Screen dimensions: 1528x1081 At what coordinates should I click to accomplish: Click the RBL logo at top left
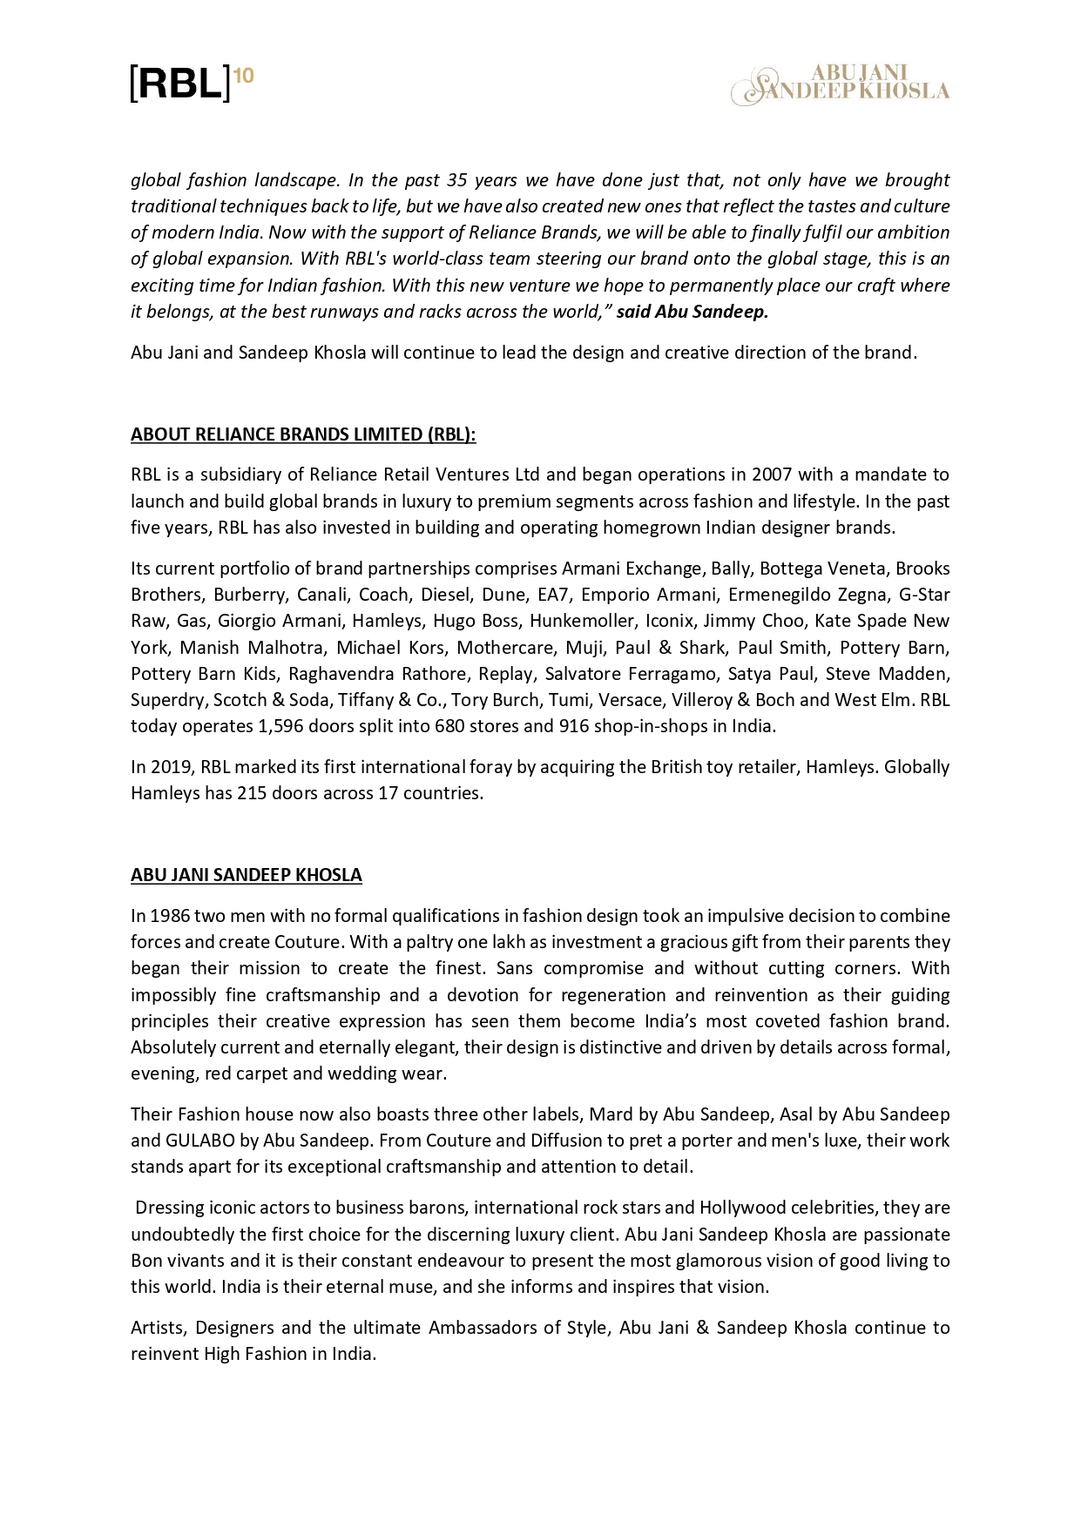coord(191,84)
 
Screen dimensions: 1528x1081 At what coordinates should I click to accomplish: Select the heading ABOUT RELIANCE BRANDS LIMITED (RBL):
coord(303,434)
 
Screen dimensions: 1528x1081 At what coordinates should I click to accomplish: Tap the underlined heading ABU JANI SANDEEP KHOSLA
coord(246,875)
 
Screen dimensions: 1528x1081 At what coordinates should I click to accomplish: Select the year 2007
coord(772,475)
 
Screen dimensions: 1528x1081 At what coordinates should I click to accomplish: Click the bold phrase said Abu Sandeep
coord(693,312)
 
